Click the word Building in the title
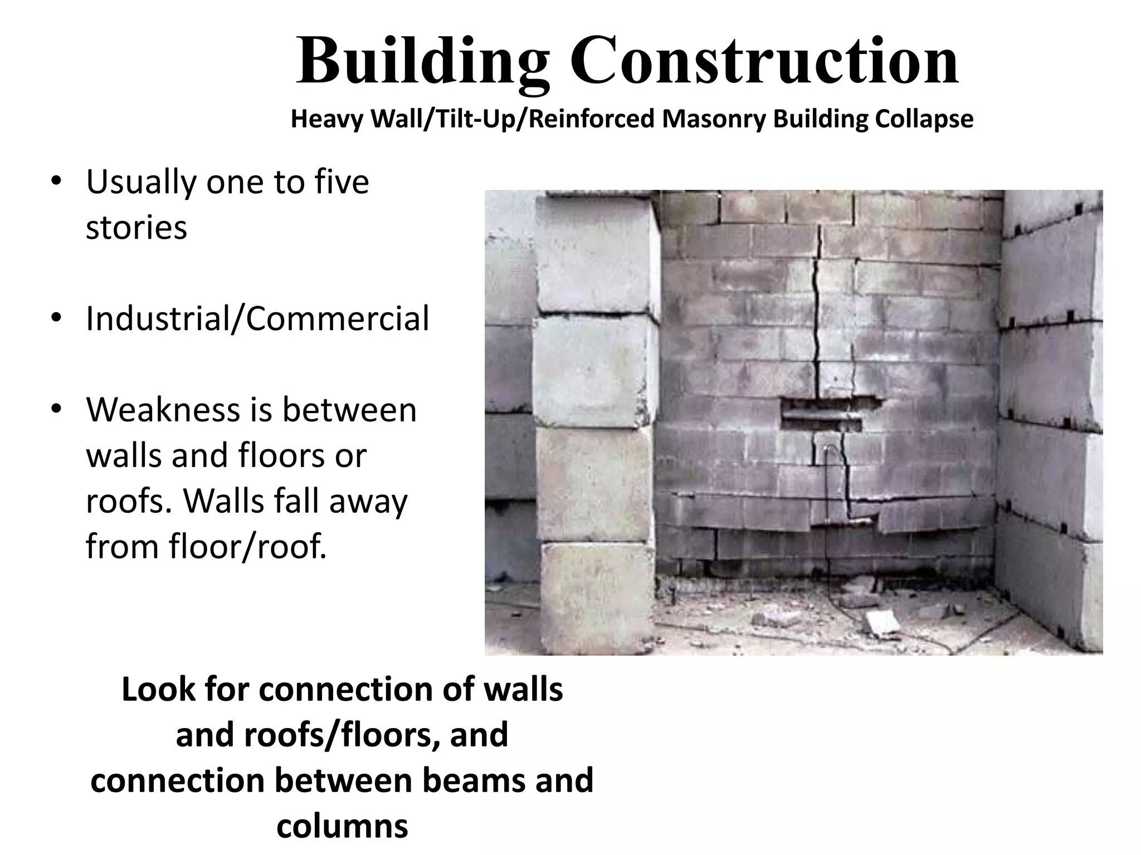tap(423, 61)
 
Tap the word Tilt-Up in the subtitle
tap(474, 119)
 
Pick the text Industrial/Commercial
tap(257, 318)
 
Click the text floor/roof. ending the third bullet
tap(206, 547)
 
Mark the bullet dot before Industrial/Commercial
tap(56, 318)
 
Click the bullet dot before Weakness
tap(56, 410)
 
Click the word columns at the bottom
tap(342, 825)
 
